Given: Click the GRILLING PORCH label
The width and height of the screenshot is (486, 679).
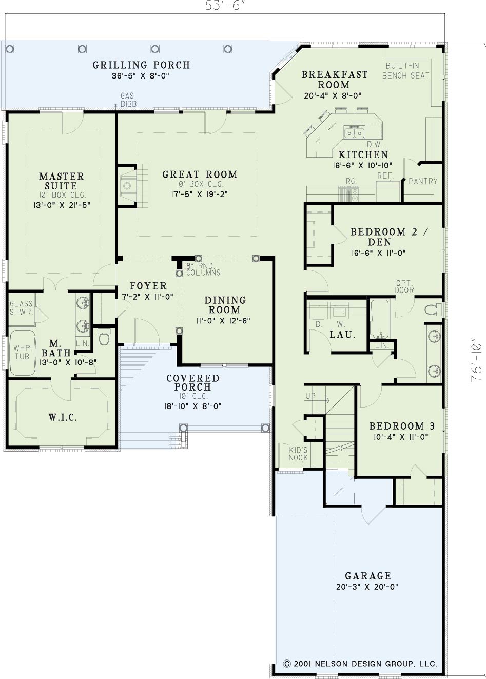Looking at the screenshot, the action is point(141,65).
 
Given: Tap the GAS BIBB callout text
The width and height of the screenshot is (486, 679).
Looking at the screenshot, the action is point(128,100).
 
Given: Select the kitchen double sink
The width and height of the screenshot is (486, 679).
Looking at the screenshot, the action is point(354,133).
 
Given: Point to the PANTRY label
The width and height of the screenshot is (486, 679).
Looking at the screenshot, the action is point(423,181).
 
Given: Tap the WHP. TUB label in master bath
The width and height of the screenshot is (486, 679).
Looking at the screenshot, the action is point(22,352).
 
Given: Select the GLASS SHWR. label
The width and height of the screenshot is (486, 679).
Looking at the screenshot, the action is point(21,307).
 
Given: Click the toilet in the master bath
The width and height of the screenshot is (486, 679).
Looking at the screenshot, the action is point(104,337).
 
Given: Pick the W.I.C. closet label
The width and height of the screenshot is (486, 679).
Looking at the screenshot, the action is point(63,418).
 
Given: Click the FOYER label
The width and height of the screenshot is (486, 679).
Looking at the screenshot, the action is point(148,286).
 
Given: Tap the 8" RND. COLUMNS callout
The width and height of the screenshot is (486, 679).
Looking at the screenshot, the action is point(203,269).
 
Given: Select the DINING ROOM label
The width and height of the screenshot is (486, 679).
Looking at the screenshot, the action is point(225,305).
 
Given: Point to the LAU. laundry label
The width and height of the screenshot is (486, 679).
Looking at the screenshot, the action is point(342,335).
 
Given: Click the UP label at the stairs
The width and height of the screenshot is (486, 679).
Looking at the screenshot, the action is point(310,396).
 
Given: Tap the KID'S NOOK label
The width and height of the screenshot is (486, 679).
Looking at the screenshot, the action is point(298,454).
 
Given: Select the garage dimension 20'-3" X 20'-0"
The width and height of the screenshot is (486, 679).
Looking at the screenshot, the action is point(367,587).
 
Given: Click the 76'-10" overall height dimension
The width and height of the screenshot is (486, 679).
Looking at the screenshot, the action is point(476,359).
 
